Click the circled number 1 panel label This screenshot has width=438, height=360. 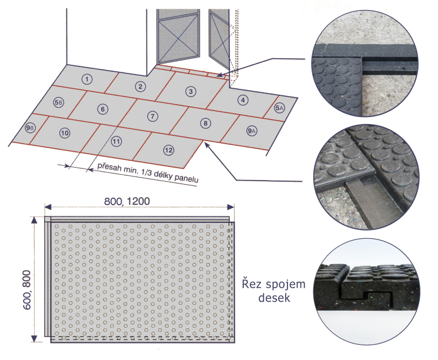pyautogui.click(x=87, y=79)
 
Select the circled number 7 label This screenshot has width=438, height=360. pyautogui.click(x=152, y=116)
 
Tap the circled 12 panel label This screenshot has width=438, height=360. pyautogui.click(x=169, y=151)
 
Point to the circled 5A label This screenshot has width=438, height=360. pyautogui.click(x=279, y=108)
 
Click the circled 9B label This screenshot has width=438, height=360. pyautogui.click(x=30, y=128)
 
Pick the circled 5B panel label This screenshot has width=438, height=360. pyautogui.click(x=59, y=102)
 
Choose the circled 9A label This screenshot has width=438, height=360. pyautogui.click(x=252, y=131)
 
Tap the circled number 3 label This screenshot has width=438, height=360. pyautogui.click(x=191, y=91)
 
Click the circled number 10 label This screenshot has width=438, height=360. pyautogui.click(x=65, y=133)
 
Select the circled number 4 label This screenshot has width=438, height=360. pyautogui.click(x=243, y=100)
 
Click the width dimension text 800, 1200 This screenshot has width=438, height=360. pyautogui.click(x=127, y=201)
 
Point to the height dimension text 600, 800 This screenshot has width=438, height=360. pyautogui.click(x=26, y=289)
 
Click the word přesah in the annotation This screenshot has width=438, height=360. pyautogui.click(x=109, y=167)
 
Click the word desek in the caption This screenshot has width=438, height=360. pyautogui.click(x=274, y=298)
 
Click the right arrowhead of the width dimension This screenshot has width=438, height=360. pyautogui.click(x=230, y=207)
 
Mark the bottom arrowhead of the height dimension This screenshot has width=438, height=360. pyautogui.click(x=34, y=338)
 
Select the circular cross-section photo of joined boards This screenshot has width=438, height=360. pyautogui.click(x=366, y=292)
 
